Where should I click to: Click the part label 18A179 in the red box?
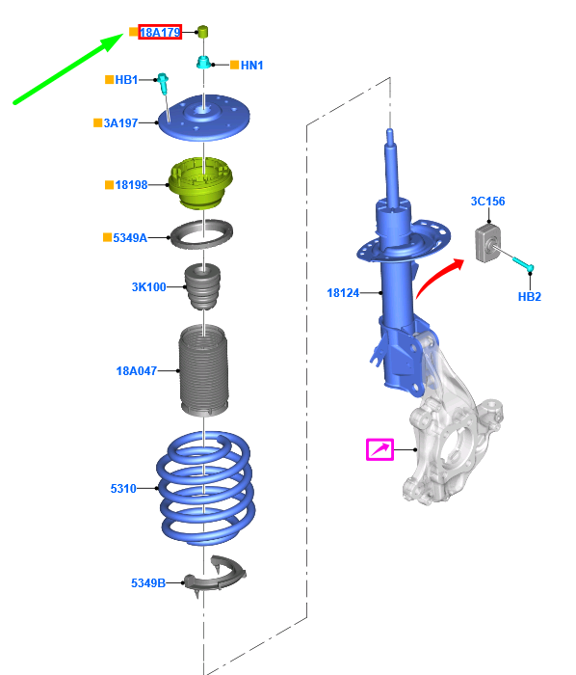point(160,32)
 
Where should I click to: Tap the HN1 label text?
point(252,66)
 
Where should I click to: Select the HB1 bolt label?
point(126,80)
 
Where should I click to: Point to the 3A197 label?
point(120,123)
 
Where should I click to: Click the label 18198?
point(131,185)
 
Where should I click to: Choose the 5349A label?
point(130,237)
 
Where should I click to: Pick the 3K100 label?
point(148,286)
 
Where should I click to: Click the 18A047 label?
point(136,370)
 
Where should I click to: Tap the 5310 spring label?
point(123,489)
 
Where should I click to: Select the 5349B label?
point(148,582)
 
